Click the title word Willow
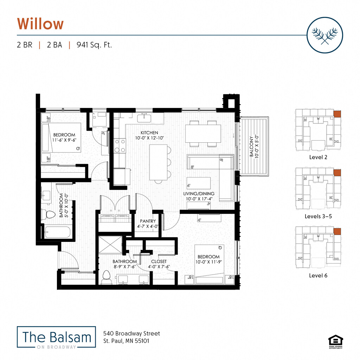40,24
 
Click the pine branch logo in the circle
324,35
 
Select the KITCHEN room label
149,133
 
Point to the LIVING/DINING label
199,194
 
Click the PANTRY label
148,221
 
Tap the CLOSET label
159,262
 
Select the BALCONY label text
251,148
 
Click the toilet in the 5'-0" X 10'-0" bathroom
49,214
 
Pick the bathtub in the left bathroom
57,232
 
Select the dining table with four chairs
203,134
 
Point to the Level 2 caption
318,157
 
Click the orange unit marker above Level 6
337,231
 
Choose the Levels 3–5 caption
318,216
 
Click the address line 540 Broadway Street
131,333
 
